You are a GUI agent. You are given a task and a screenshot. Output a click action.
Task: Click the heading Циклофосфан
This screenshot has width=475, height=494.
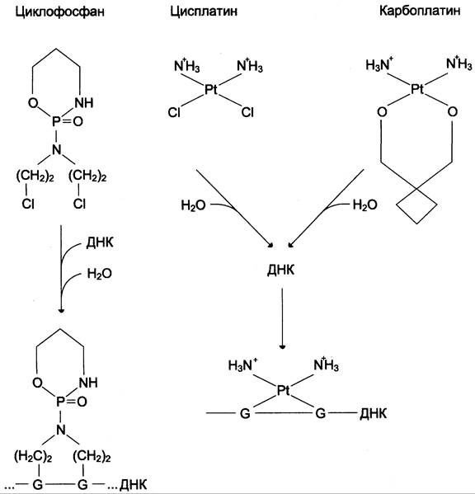click(60, 12)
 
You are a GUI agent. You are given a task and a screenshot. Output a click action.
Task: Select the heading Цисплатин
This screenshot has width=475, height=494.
click(204, 12)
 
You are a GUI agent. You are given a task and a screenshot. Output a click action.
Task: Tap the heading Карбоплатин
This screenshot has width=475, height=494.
click(420, 11)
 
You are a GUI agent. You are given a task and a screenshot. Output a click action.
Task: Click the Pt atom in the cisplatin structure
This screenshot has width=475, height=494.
click(211, 89)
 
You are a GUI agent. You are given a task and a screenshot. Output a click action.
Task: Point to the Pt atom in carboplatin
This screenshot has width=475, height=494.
click(417, 89)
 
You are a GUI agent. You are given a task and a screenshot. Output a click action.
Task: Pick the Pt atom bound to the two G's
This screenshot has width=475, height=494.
click(283, 391)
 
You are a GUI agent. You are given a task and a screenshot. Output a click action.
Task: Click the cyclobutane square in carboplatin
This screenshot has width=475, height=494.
click(416, 205)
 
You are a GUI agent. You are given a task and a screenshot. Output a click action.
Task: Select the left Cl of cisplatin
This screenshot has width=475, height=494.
click(174, 112)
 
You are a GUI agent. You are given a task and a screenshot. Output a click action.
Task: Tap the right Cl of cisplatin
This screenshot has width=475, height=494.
click(247, 112)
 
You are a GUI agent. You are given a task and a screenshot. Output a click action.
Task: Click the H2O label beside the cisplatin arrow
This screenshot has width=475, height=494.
click(193, 205)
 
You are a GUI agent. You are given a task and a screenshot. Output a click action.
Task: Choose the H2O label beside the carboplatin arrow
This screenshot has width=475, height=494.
click(364, 205)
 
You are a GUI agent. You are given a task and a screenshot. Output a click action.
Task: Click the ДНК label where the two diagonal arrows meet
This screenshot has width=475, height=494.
click(280, 270)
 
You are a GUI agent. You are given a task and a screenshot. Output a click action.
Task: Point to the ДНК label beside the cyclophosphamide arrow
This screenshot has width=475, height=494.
click(100, 242)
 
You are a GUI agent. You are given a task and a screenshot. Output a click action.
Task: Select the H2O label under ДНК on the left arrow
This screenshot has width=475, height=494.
click(99, 274)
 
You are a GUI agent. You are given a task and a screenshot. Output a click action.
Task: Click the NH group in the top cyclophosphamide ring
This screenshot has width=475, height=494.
click(84, 103)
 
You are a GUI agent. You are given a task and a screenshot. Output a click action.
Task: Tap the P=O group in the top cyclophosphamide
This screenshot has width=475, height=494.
click(68, 121)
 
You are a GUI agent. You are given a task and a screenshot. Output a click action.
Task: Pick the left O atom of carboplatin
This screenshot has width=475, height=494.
click(382, 112)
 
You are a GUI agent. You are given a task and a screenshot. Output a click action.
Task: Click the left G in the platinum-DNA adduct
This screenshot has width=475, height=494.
click(245, 413)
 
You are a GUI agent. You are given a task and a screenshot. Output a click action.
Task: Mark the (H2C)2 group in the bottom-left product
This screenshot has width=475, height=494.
click(33, 456)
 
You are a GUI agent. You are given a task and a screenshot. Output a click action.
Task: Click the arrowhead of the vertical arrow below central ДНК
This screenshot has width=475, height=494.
click(282, 346)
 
